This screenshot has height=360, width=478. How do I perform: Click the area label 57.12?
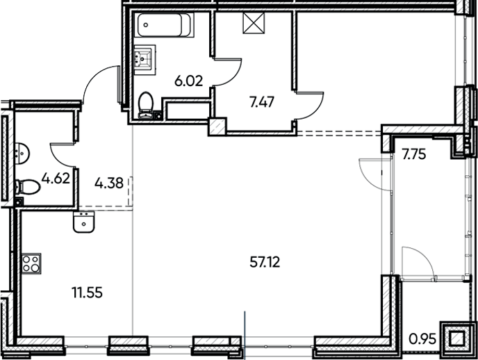point(268,262)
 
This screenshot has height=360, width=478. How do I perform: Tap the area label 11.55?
point(87,293)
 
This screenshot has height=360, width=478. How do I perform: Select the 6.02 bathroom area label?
point(188,81)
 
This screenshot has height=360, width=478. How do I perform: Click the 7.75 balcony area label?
point(413,154)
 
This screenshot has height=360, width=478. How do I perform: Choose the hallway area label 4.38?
point(109,184)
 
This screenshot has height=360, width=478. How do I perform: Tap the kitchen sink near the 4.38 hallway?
point(83,223)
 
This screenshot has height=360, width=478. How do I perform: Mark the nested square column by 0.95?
point(456,338)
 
